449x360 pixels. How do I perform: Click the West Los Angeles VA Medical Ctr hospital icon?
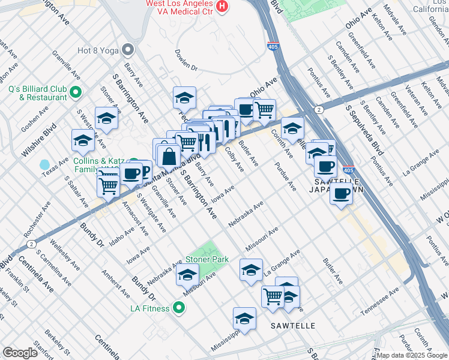(x=223, y=7)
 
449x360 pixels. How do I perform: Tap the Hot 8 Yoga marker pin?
(x=127, y=49)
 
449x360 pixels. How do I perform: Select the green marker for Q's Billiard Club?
(x=76, y=92)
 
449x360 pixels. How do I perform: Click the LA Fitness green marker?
(x=178, y=308)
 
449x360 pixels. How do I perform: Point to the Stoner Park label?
(x=207, y=259)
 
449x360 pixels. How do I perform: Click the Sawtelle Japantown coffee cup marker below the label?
(x=342, y=193)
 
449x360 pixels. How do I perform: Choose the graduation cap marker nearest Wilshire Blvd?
(x=83, y=141)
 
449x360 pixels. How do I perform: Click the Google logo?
(x=20, y=353)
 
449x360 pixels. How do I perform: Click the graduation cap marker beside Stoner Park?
(x=187, y=274)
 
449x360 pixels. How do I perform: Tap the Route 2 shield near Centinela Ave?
(x=31, y=244)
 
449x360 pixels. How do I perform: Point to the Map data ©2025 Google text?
(x=411, y=355)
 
